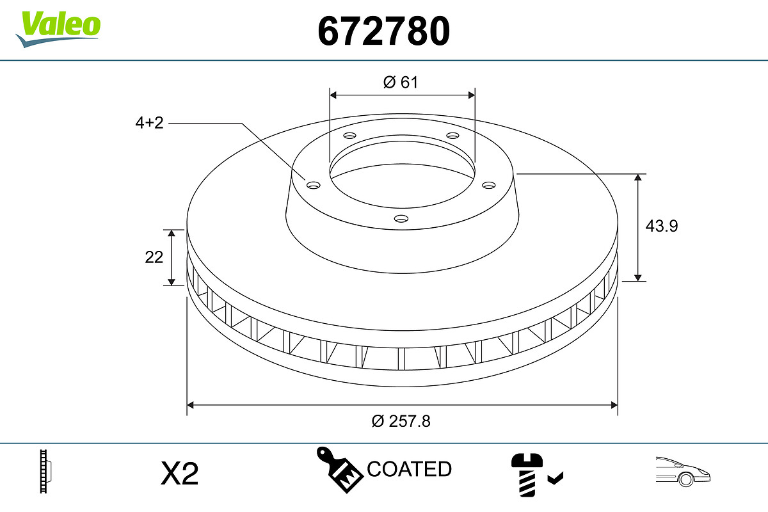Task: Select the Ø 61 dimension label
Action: (x=401, y=82)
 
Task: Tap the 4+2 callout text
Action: (x=149, y=123)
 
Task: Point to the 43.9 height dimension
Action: (x=662, y=226)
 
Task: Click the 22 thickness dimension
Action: (x=154, y=257)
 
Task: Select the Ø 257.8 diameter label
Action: (x=401, y=421)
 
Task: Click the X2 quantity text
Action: (x=180, y=474)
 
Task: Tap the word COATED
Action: (x=409, y=469)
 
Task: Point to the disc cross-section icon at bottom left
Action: (x=45, y=472)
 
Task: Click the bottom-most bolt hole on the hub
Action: (x=401, y=219)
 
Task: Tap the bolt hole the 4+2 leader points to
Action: (x=313, y=185)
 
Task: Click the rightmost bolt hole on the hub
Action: (x=489, y=185)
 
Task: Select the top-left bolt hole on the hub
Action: (x=349, y=136)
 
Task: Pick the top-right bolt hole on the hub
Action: (x=453, y=136)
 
